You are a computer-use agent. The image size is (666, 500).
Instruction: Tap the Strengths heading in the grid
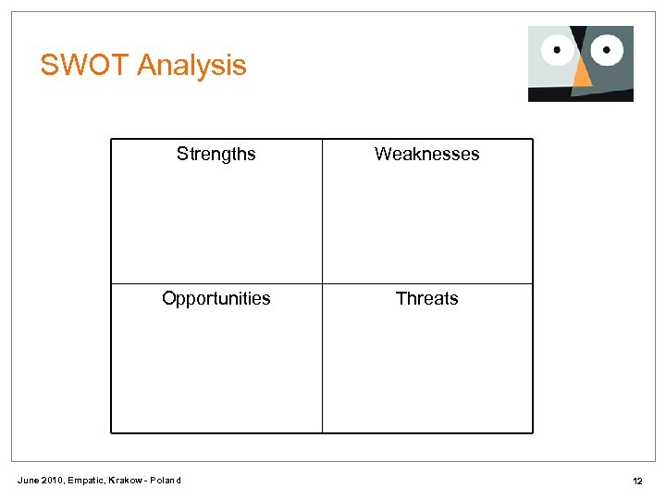(216, 154)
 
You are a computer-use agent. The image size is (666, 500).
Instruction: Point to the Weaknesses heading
(426, 154)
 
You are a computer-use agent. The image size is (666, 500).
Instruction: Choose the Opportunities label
(216, 298)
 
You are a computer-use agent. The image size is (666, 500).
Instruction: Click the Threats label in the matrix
(426, 298)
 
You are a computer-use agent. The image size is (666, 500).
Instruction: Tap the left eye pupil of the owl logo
(556, 49)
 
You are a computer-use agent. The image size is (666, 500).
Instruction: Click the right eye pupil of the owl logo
(608, 47)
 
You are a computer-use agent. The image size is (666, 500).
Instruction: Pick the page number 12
(637, 481)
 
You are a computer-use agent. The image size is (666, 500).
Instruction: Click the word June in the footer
(29, 480)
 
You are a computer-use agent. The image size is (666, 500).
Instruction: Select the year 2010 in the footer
(53, 480)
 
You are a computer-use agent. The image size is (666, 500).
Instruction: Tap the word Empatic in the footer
(86, 480)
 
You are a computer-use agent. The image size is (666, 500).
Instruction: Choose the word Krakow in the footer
(126, 480)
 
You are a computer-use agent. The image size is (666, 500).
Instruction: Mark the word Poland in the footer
(166, 480)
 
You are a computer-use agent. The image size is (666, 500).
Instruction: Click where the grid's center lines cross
(322, 283)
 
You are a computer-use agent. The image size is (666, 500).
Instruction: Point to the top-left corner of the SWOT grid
(111, 139)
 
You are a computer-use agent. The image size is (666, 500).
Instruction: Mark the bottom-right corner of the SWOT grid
(533, 432)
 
